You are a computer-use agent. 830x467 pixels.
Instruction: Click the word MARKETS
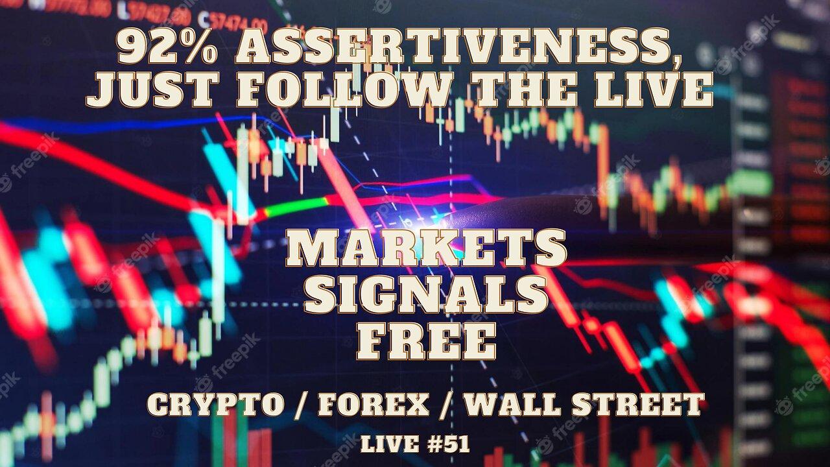point(426,249)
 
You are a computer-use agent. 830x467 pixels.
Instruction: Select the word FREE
point(426,341)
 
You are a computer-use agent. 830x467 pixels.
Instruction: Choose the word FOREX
point(373,404)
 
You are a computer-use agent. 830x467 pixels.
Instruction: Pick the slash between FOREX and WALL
point(447,404)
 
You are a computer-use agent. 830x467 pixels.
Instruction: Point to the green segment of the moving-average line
point(295,207)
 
